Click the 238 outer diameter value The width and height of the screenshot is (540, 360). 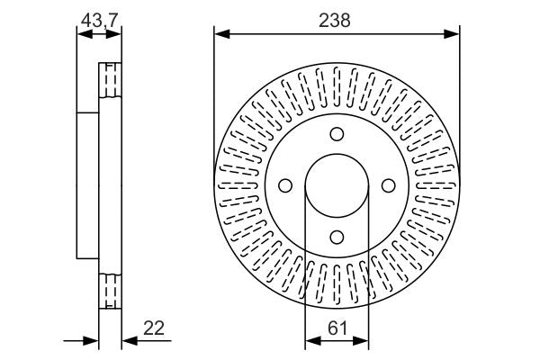pos(337,18)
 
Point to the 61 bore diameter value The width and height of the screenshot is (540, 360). pos(337,329)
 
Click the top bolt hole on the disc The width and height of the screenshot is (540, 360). pos(337,135)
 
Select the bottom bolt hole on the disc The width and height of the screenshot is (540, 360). pos(337,237)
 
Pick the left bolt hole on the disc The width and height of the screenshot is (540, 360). pos(286,185)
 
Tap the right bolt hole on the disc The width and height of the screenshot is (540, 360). pos(389,185)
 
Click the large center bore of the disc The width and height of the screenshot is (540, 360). pos(337,185)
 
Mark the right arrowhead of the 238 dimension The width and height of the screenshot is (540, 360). pos(454,34)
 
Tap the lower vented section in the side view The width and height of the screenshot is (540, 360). pos(109,291)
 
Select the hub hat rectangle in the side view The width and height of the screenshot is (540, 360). pos(87,185)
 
